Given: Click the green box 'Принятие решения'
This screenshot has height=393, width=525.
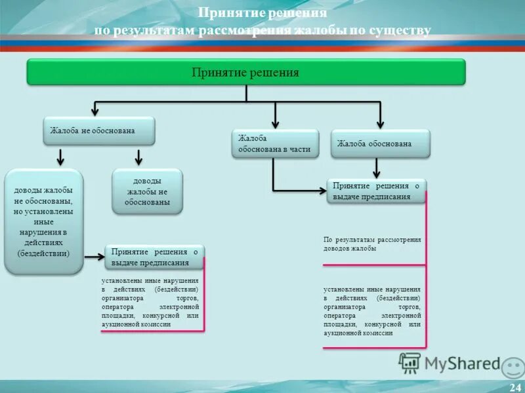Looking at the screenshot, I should click(x=245, y=72).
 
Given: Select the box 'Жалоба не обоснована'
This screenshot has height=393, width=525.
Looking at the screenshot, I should click(x=99, y=131).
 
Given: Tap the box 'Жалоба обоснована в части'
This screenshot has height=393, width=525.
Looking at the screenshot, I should click(x=275, y=144).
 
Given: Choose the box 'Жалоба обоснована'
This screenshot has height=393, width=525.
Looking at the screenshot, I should click(x=380, y=144).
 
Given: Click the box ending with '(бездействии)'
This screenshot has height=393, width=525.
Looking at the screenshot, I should click(x=44, y=221).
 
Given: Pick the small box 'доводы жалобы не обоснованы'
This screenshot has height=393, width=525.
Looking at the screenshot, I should click(x=147, y=191).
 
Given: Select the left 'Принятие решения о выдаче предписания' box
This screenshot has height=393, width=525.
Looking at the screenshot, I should click(x=154, y=257).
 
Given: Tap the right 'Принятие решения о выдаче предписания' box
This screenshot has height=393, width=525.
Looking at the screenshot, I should click(x=376, y=191).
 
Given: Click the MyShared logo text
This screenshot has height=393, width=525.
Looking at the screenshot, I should click(x=462, y=364).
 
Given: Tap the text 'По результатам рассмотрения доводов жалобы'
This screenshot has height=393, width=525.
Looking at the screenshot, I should click(x=371, y=244).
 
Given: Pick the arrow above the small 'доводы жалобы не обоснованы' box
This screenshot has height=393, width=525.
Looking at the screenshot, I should click(x=138, y=158).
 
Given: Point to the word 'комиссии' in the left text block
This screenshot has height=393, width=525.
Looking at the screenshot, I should click(x=155, y=324).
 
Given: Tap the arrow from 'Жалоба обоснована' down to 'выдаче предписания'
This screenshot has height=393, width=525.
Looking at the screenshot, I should click(x=377, y=168).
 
